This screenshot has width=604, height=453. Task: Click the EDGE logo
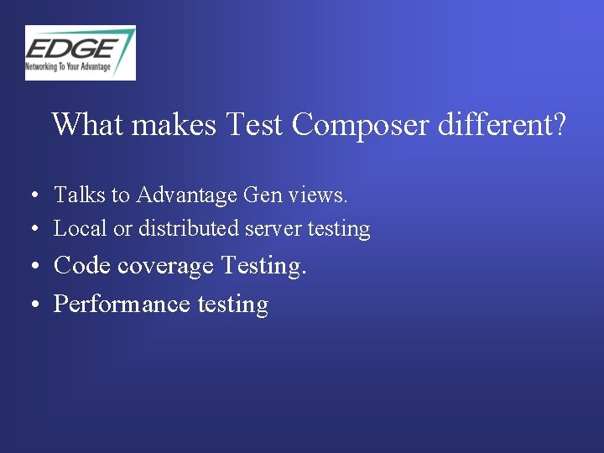(80, 52)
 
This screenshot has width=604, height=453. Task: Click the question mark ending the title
(559, 125)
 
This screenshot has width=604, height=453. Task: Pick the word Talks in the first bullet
(80, 195)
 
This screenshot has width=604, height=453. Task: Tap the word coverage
(165, 267)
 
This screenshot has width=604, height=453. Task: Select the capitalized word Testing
(260, 266)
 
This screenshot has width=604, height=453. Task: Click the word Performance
(122, 304)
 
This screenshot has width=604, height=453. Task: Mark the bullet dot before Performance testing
(30, 305)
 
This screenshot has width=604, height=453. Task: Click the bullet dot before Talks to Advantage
(30, 196)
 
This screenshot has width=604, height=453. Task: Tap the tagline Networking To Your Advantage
(68, 66)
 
